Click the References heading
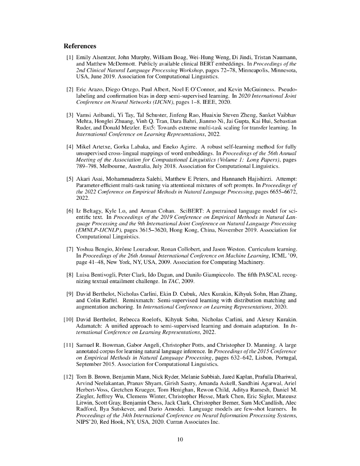click(80, 46)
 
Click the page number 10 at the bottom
click(180, 439)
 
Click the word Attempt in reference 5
click(286, 185)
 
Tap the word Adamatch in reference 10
click(90, 325)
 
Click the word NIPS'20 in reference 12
click(86, 422)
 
